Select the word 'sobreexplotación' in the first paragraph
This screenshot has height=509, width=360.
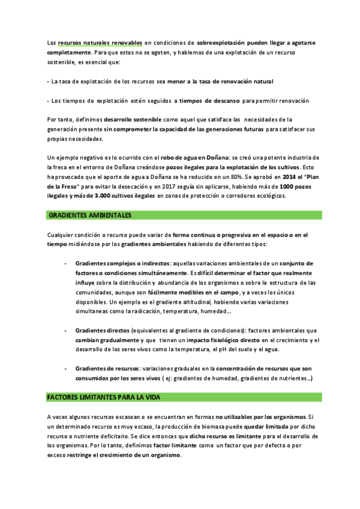point(221,43)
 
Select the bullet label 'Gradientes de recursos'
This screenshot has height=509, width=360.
point(107,368)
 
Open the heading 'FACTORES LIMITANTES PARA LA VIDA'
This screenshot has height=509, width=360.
point(104,397)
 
